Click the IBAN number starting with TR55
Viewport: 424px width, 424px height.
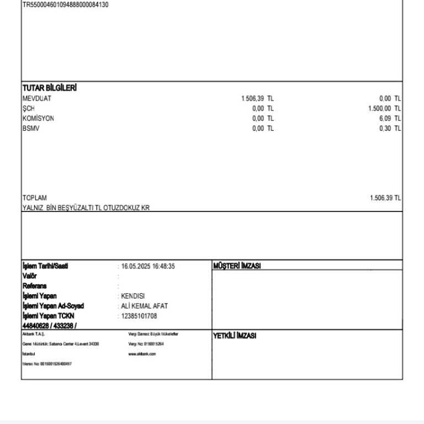[66, 4]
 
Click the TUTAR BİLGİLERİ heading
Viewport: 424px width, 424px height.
[49, 88]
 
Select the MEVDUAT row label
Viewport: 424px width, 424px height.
[37, 99]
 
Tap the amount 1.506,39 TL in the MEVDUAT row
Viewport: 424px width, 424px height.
[257, 99]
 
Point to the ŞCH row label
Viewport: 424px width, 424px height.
[29, 109]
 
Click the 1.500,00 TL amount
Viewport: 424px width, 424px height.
[384, 109]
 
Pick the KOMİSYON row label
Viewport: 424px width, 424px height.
[39, 119]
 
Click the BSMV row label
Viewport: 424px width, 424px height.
[31, 129]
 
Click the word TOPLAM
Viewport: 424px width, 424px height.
[35, 198]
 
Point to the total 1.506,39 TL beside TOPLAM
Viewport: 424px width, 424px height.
[385, 198]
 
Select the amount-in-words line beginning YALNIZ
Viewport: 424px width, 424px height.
[86, 208]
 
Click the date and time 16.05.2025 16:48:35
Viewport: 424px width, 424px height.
[148, 266]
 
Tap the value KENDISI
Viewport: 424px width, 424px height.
[132, 296]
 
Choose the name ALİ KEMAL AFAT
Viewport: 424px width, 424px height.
[144, 306]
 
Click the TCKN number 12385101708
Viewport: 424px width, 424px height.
[139, 316]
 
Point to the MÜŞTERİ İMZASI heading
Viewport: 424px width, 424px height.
[237, 266]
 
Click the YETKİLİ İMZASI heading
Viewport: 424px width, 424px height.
[235, 336]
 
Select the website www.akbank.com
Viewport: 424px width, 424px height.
[142, 354]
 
